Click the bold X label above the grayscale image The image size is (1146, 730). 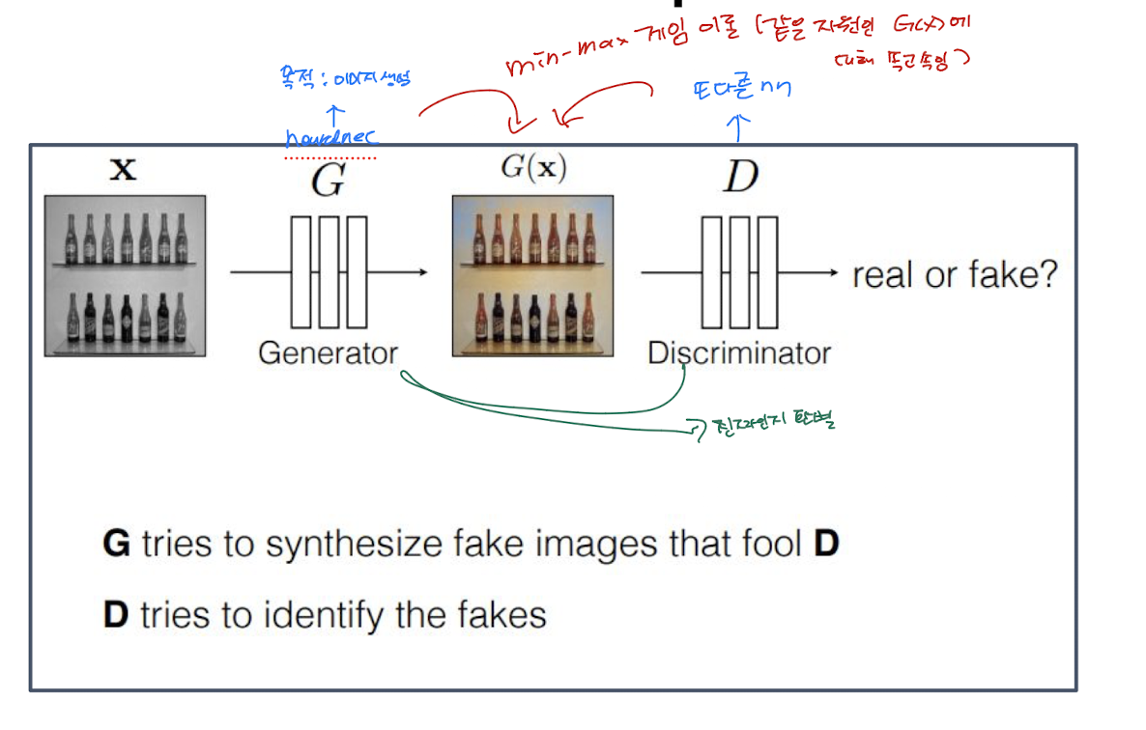(123, 172)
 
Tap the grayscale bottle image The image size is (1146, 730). (124, 276)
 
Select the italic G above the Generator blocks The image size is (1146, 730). (328, 180)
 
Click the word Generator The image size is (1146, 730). (328, 352)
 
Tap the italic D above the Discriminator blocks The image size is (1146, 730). (740, 178)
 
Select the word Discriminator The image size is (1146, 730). (738, 352)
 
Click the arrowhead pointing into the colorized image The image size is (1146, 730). (422, 273)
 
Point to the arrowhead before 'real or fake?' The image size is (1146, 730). (834, 273)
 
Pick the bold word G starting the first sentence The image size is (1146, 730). (116, 545)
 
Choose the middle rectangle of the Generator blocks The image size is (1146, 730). (329, 272)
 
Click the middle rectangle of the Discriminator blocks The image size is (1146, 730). (739, 272)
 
